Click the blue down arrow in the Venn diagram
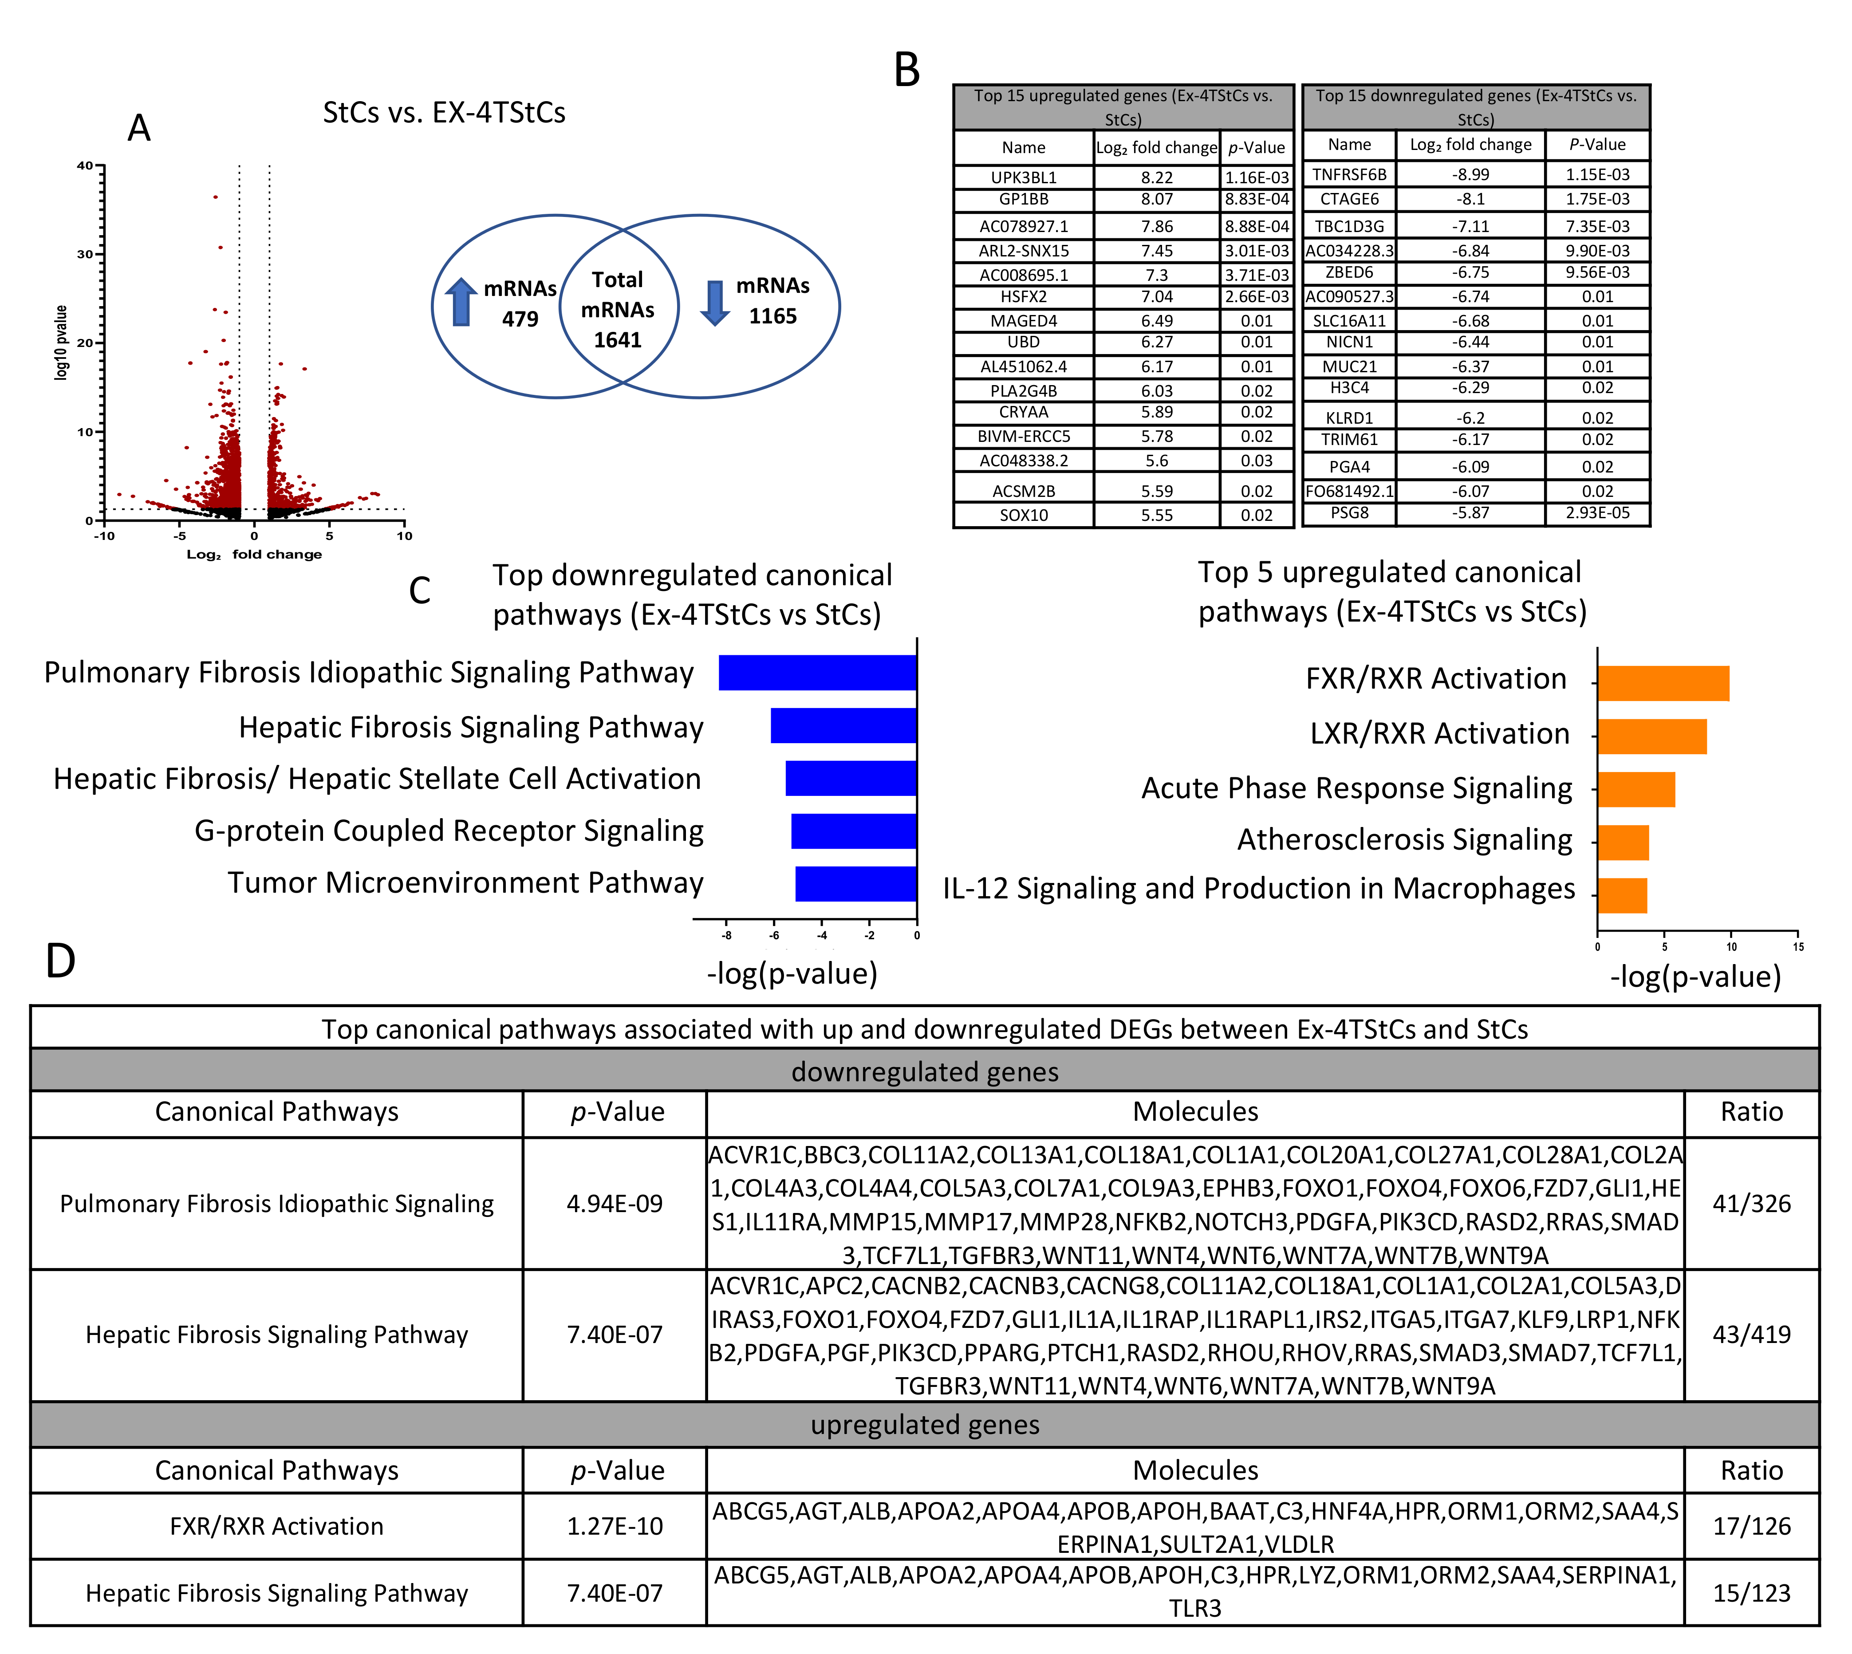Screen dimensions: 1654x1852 click(715, 303)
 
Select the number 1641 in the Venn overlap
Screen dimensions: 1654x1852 click(618, 340)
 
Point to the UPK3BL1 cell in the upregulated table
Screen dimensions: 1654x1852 click(1023, 177)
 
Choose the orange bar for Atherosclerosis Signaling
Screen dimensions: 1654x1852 click(1623, 843)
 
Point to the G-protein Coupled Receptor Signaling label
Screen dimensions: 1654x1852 click(449, 831)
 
